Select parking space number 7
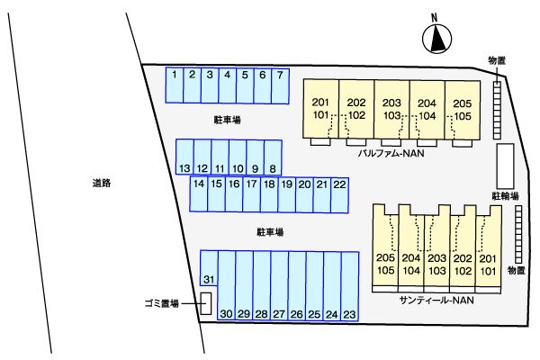tap(280, 85)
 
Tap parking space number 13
tap(184, 157)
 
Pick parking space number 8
tap(272, 157)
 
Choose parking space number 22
tap(339, 194)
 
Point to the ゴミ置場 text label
tap(161, 304)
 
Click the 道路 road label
tap(101, 184)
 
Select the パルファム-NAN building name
tap(391, 154)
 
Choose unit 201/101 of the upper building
tap(322, 108)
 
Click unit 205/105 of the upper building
tap(463, 108)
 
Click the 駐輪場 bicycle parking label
tap(504, 194)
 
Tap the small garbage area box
tap(206, 303)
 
